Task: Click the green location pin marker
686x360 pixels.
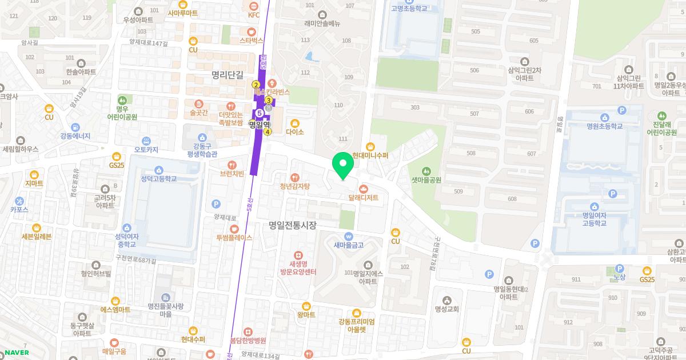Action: point(343,166)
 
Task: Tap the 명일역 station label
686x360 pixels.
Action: point(259,124)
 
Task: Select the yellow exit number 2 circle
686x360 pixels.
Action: point(256,85)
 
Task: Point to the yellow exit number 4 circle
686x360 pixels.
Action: point(267,132)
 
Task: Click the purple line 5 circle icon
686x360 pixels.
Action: point(259,113)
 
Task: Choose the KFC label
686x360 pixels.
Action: point(254,15)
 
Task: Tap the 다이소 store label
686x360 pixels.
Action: point(295,131)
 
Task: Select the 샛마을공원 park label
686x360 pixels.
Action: point(426,179)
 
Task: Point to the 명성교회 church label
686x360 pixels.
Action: point(447,309)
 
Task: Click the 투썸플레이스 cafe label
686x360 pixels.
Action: point(234,237)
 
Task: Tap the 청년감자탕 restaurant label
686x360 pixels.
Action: point(294,186)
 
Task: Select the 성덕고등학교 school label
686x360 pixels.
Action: point(158,178)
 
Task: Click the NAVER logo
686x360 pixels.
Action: point(17,352)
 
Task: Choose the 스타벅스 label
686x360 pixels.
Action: point(252,40)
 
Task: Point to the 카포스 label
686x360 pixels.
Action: point(19,209)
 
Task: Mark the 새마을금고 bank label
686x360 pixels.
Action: point(349,245)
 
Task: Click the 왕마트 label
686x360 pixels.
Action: point(306,314)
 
